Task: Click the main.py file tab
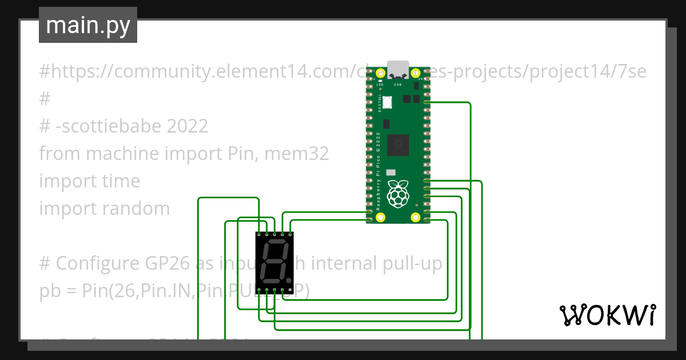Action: click(x=87, y=25)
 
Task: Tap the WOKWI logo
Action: click(x=607, y=315)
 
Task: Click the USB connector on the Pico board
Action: click(x=398, y=69)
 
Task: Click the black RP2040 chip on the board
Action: click(x=398, y=145)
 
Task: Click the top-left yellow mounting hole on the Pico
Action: click(x=381, y=73)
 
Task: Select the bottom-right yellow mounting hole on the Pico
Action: click(x=416, y=217)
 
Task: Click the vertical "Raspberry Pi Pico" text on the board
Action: click(x=378, y=171)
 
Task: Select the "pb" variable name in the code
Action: click(x=49, y=291)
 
